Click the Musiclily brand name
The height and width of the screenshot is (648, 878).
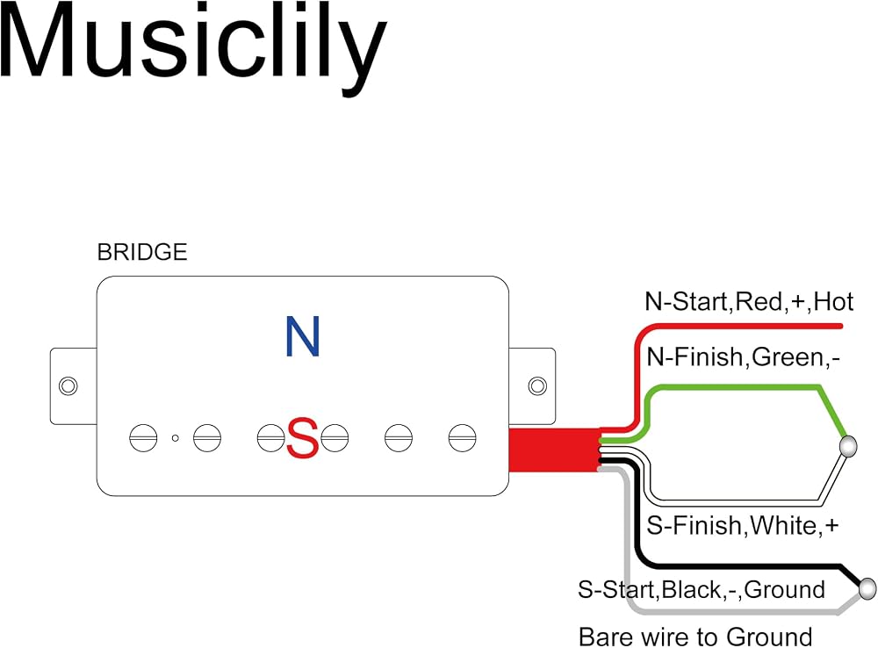(x=193, y=47)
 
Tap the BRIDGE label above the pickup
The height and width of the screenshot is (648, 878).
(x=142, y=252)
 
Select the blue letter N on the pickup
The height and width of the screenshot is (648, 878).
(x=302, y=336)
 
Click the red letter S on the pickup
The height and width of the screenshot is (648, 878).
(x=302, y=438)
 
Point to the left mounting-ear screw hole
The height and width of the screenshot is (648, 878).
(x=68, y=385)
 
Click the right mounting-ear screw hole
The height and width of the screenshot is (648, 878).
(x=537, y=385)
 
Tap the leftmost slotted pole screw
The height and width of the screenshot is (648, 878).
(x=143, y=438)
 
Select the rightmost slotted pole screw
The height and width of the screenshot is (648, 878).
(x=463, y=438)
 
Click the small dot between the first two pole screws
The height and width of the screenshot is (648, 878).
(x=176, y=438)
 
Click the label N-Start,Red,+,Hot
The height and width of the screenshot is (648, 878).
(x=749, y=302)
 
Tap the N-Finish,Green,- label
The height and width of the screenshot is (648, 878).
(x=743, y=357)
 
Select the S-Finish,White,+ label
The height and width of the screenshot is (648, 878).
(x=743, y=525)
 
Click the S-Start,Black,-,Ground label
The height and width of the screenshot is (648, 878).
(x=701, y=590)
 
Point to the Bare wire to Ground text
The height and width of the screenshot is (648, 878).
(x=694, y=637)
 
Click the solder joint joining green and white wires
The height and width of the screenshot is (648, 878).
(x=849, y=446)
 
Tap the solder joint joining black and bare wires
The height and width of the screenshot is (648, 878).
(x=867, y=589)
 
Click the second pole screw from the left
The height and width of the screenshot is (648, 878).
(x=207, y=438)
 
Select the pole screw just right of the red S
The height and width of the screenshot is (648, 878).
(x=335, y=438)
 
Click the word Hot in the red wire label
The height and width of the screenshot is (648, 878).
(x=834, y=302)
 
